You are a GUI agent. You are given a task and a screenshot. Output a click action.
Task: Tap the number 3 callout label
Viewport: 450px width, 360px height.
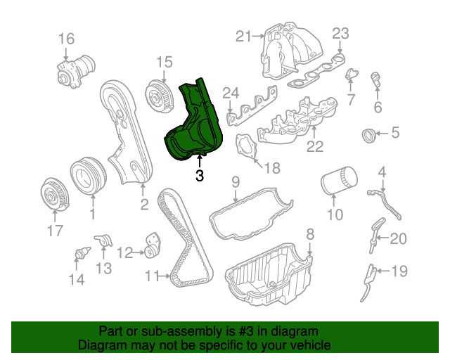[200, 176]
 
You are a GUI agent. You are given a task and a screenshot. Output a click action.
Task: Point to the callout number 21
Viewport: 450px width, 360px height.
[243, 37]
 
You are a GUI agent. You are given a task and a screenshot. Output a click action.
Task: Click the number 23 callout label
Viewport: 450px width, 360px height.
[340, 34]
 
